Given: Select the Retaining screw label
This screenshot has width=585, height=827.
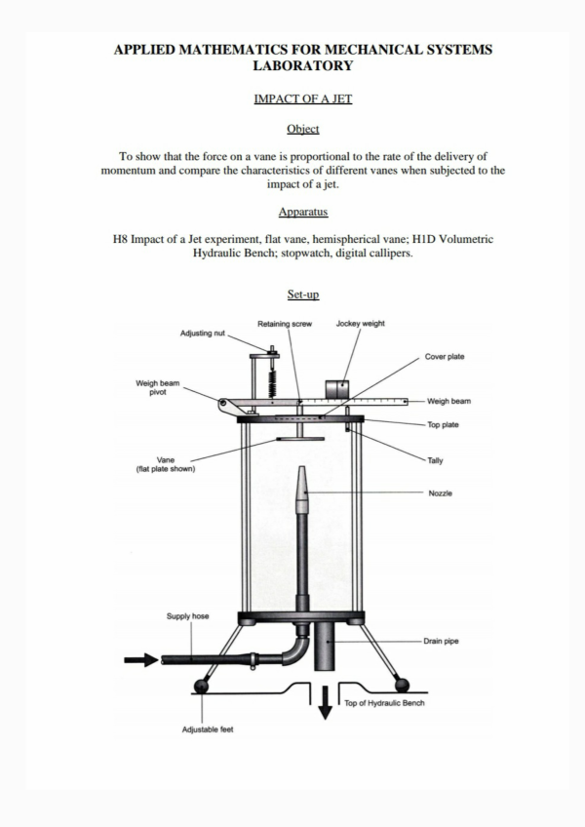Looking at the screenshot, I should click(x=284, y=324).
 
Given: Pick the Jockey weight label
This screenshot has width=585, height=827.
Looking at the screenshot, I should click(x=360, y=324).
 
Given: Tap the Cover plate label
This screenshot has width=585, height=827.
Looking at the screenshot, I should click(x=445, y=357).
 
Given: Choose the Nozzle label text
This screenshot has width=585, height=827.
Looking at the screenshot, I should click(x=441, y=493).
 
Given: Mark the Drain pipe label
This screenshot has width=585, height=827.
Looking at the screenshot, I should click(x=443, y=642).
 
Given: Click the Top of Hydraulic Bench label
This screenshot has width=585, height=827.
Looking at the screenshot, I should click(x=384, y=702).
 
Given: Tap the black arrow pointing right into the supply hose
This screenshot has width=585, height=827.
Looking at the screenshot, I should click(x=141, y=660).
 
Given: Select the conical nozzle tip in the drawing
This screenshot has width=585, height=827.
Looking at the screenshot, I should click(x=301, y=488).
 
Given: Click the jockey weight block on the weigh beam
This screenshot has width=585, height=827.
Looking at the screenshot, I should click(x=337, y=389).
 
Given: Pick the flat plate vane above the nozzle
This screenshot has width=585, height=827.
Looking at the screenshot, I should click(x=300, y=439).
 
